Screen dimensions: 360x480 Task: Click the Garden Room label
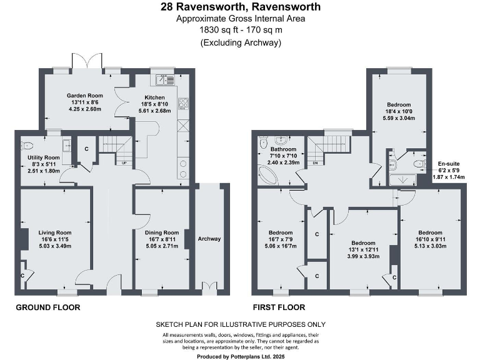(80, 96)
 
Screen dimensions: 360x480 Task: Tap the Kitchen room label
(154, 97)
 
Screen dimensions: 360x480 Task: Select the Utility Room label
(44, 157)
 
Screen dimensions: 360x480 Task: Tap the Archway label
(209, 239)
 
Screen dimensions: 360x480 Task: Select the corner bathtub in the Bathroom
(270, 174)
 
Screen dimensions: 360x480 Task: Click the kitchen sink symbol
(166, 79)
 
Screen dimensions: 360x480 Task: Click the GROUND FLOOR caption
(47, 307)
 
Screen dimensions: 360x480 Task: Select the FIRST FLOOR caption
(279, 307)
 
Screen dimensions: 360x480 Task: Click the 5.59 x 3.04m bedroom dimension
(398, 118)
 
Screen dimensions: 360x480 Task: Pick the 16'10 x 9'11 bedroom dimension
(431, 239)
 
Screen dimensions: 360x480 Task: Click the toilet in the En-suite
(417, 163)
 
